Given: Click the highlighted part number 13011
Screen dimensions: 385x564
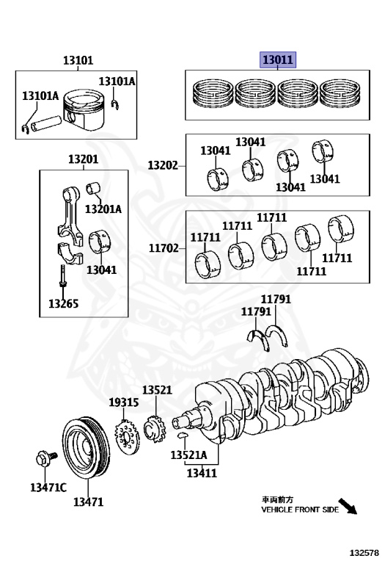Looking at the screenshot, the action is [x=278, y=59].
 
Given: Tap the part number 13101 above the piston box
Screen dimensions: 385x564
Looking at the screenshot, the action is [x=78, y=59].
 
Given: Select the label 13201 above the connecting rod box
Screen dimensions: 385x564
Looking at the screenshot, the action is [x=83, y=159].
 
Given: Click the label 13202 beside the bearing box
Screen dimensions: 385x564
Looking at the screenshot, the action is [x=163, y=165].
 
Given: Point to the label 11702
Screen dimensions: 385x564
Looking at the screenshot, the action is [x=164, y=247].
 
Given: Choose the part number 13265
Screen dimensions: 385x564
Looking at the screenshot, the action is [x=63, y=303].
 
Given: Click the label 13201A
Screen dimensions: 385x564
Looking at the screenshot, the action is [x=103, y=209].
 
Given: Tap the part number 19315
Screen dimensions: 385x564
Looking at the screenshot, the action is [x=123, y=402].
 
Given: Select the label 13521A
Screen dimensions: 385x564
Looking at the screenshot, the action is [x=188, y=455].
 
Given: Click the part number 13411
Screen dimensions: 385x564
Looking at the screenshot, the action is [x=202, y=472].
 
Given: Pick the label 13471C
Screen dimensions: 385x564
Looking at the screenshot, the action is [x=48, y=488].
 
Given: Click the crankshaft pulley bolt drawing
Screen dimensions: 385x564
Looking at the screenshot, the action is [x=46, y=458].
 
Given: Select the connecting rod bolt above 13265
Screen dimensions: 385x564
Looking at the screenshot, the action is [x=63, y=276].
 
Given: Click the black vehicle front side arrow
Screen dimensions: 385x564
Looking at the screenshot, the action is [x=348, y=506].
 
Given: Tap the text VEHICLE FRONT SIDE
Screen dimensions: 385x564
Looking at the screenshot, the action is [x=300, y=510].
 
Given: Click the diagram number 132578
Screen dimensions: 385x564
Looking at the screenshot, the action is [x=364, y=552].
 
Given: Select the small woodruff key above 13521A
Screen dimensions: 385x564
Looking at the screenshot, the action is [x=183, y=435].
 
